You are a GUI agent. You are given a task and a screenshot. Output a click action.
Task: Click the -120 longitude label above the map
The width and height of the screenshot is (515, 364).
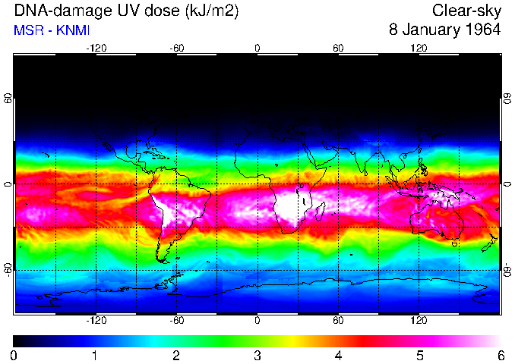96,48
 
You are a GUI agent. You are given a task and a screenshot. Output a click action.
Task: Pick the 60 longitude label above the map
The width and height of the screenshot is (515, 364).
338,48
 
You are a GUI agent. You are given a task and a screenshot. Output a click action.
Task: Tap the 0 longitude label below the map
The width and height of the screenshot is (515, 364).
257,320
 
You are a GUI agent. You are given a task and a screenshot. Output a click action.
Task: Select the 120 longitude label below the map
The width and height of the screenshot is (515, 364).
419,320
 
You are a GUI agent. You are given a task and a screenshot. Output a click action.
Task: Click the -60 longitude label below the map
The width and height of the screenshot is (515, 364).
176,320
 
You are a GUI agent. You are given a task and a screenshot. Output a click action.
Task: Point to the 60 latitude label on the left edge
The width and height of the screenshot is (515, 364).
8,99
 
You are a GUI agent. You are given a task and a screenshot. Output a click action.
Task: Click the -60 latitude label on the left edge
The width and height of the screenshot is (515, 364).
8,269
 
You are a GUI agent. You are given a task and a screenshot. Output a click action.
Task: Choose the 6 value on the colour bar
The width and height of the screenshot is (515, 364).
501,355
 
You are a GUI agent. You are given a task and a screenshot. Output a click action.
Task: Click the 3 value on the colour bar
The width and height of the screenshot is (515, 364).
257,355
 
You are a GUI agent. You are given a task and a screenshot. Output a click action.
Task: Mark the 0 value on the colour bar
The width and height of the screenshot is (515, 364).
14,355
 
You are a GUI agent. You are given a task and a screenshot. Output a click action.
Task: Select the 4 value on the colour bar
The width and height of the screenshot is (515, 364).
338,355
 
